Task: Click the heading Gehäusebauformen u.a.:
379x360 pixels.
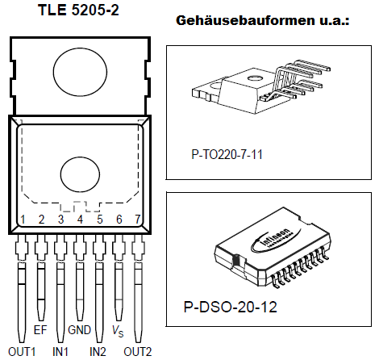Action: tap(262, 19)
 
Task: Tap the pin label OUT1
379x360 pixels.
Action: tap(21, 351)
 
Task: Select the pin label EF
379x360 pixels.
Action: tap(41, 330)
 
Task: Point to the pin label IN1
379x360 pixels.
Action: tap(60, 351)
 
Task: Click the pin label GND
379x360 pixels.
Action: tap(80, 330)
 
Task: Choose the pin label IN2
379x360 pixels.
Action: tap(98, 351)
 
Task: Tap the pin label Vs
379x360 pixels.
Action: tap(119, 331)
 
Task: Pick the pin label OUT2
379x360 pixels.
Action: tap(137, 351)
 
